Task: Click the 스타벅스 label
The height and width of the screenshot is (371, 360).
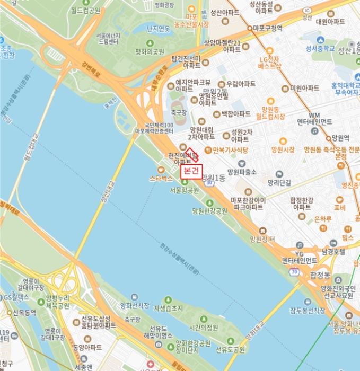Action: point(161,179)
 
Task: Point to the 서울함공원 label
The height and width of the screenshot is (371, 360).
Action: point(185,190)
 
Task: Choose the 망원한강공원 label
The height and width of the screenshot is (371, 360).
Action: point(209,210)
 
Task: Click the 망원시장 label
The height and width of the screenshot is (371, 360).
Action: point(283,150)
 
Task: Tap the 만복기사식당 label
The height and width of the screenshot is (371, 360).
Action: point(231,150)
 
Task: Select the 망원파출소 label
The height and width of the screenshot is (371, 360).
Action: point(242,172)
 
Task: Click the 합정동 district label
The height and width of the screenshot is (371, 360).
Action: point(320,275)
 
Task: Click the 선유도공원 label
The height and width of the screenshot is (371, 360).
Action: point(230,349)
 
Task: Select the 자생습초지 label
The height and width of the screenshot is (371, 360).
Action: point(168,307)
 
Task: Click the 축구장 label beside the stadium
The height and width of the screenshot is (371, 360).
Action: point(180,112)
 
